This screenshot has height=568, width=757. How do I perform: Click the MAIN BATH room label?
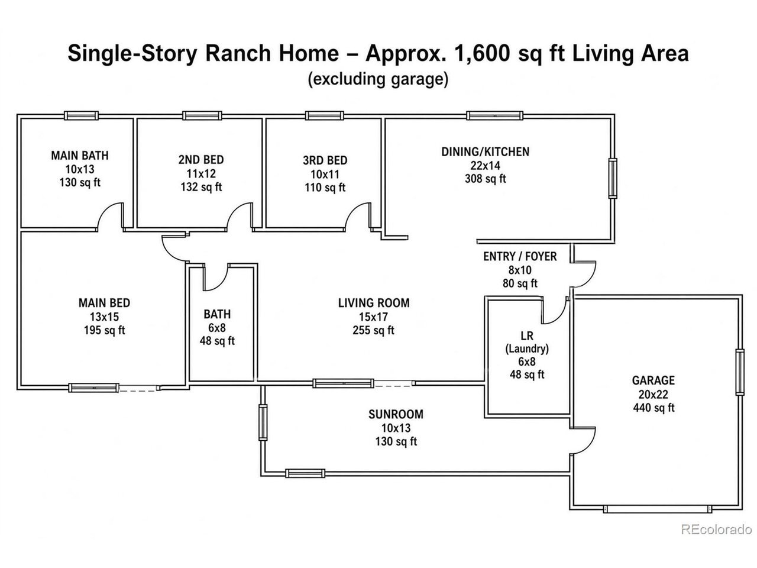coord(80,156)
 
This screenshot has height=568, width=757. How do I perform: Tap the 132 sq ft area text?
coord(201,187)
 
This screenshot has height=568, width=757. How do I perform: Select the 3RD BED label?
coord(325,160)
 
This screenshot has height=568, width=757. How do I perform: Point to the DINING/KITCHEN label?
coord(485,151)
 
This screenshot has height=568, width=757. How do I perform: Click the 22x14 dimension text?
coord(485,166)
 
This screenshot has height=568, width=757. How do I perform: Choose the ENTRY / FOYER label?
coord(520,256)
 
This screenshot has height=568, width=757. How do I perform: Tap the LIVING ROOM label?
coord(374,303)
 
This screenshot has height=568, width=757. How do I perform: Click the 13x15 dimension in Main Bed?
coord(105,317)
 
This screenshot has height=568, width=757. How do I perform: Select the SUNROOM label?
coord(396,414)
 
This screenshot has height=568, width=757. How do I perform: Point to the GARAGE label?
coord(654,380)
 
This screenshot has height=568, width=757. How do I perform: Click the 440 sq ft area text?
coord(654,408)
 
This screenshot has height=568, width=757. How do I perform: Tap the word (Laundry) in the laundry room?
coord(527,348)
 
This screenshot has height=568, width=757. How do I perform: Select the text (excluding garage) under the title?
coord(378,79)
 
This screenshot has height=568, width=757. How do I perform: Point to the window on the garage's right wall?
coord(740,372)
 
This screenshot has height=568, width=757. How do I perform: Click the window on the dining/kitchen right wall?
coord(613,178)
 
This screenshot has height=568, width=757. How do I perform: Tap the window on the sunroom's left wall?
coord(263,422)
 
